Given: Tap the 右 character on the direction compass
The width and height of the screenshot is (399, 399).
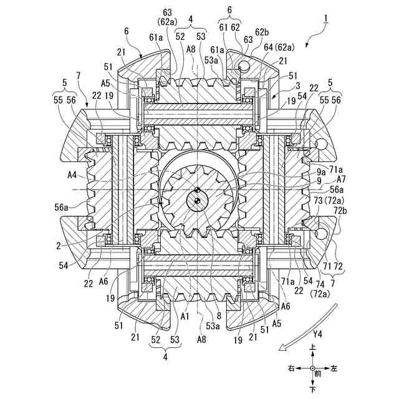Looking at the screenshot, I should tap(291, 370).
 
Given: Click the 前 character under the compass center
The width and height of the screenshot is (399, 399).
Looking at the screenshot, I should tap(318, 375).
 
